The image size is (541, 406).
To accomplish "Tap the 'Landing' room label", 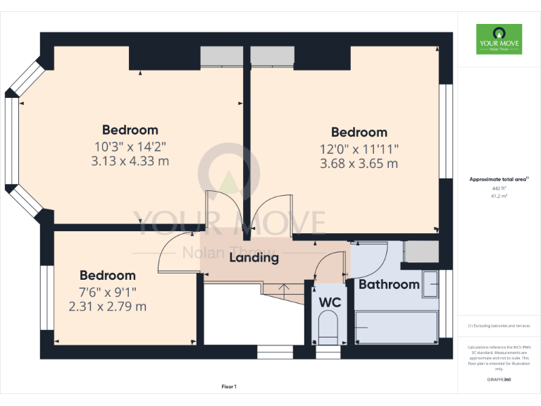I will tap(254, 258).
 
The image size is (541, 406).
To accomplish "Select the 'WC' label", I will tap(330, 302).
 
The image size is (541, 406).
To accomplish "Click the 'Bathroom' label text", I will tap(389, 285).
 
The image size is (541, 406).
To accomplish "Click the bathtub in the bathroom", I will tap(395, 328).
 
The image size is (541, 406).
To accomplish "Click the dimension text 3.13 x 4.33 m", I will tap(130, 161).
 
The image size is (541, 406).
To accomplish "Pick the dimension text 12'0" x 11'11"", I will tap(359, 149).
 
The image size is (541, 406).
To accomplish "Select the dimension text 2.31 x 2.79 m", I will tap(108, 307).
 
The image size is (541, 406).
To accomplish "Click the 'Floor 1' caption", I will tap(229, 387).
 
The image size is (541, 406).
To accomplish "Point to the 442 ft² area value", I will tap(499, 189).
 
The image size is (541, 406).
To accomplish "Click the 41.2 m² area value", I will tap(499, 197).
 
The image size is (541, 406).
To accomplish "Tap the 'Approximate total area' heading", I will tap(498, 180).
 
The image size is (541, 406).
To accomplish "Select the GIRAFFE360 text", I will tap(499, 380).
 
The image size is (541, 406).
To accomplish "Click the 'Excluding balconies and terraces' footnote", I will tap(499, 326).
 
